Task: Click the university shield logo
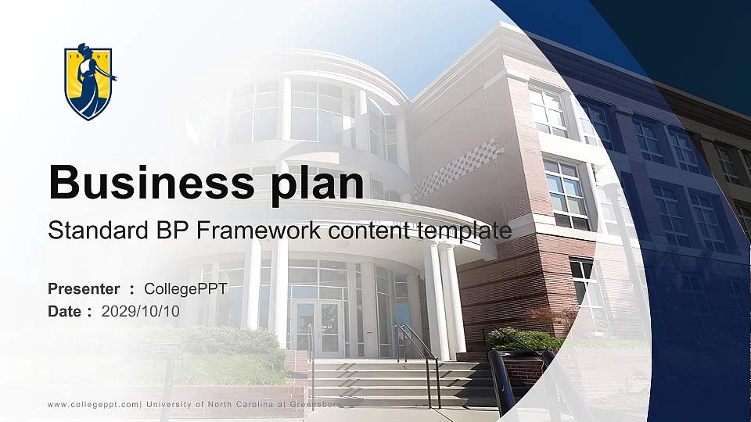[89, 81]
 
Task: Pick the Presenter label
[84, 289]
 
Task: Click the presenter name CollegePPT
[186, 289]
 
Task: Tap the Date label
[65, 311]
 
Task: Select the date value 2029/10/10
[141, 311]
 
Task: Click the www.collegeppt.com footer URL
[93, 404]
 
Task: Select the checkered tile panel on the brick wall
[458, 167]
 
